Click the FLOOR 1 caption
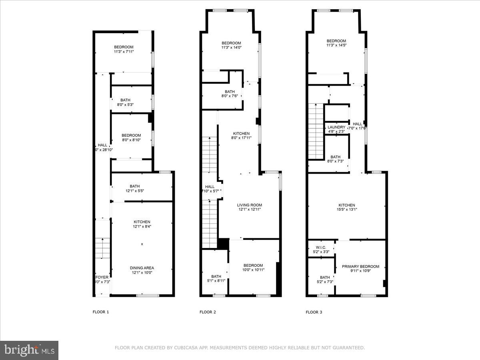pyautogui.click(x=100, y=312)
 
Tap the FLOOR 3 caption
pyautogui.click(x=314, y=312)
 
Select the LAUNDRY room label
pyautogui.click(x=336, y=127)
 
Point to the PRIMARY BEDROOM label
pyautogui.click(x=360, y=266)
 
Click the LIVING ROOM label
pyautogui.click(x=250, y=205)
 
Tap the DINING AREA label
pyautogui.click(x=142, y=268)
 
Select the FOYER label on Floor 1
pyautogui.click(x=102, y=277)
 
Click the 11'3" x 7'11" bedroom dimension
pyautogui.click(x=123, y=52)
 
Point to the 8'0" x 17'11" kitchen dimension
pyautogui.click(x=241, y=138)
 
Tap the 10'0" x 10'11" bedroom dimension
pyautogui.click(x=253, y=270)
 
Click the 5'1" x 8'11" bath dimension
pyautogui.click(x=216, y=280)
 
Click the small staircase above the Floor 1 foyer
pyautogui.click(x=103, y=248)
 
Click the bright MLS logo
pyautogui.click(x=29, y=350)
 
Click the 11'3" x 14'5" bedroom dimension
pyautogui.click(x=336, y=45)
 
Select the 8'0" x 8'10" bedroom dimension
pyautogui.click(x=131, y=140)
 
